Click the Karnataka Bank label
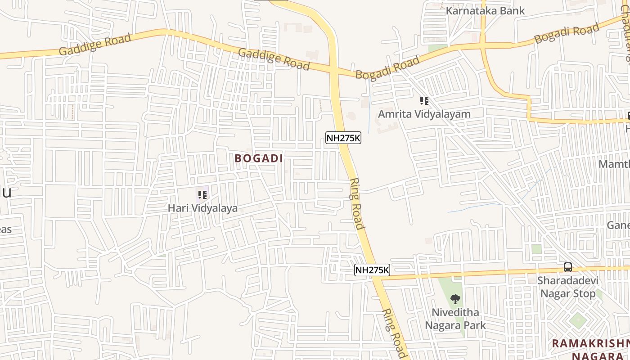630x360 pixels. click(485, 10)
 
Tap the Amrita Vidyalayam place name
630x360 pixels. click(424, 114)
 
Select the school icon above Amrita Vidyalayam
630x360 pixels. click(424, 101)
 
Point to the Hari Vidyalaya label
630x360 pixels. click(202, 208)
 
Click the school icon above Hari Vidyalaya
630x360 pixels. click(202, 195)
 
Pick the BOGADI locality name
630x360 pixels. click(259, 158)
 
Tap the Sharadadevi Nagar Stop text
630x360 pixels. click(568, 287)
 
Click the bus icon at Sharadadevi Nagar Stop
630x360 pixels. click(568, 267)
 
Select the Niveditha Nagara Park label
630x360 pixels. click(455, 319)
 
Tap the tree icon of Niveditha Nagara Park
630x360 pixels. click(455, 299)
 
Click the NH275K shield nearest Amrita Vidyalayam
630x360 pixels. click(343, 138)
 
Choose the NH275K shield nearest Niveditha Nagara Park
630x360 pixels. click(372, 270)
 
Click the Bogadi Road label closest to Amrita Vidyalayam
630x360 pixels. click(387, 67)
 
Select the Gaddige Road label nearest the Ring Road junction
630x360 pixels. click(274, 59)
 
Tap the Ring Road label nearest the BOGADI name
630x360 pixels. click(356, 203)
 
